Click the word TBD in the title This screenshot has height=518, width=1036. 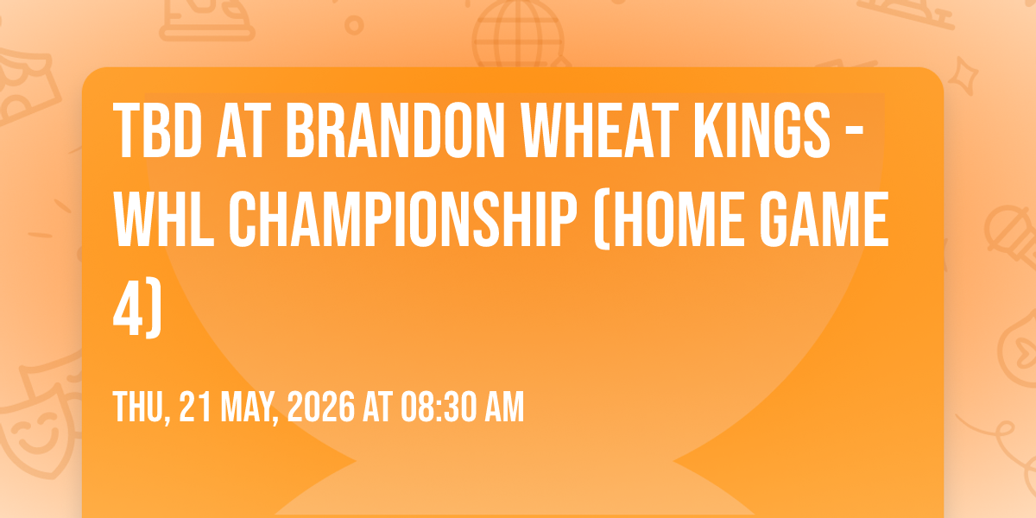click(x=158, y=131)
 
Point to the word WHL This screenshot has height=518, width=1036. click(x=164, y=219)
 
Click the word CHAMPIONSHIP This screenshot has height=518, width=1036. click(x=403, y=219)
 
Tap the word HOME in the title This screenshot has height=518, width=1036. click(x=678, y=219)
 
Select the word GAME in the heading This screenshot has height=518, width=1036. click(x=824, y=219)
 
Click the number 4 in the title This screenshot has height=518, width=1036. click(x=129, y=308)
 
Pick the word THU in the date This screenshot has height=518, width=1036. click(x=139, y=407)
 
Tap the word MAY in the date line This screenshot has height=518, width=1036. click(x=248, y=407)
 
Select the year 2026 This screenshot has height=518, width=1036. click(x=321, y=407)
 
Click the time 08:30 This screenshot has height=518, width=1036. click(x=439, y=407)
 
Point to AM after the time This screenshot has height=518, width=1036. click(x=504, y=407)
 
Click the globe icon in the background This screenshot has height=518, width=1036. click(x=519, y=34)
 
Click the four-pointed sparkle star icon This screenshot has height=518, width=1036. click(x=963, y=76)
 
